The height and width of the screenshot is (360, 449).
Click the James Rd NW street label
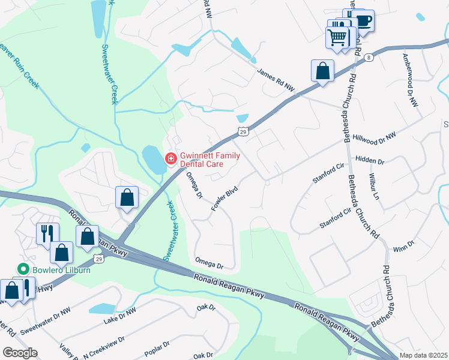click(x=277, y=79)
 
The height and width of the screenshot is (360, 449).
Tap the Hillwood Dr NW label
click(x=375, y=137)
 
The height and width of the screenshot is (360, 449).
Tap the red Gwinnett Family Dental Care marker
click(x=170, y=158)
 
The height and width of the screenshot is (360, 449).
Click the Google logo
click(x=19, y=353)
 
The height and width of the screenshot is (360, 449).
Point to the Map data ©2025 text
click(x=424, y=355)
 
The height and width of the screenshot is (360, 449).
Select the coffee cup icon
click(x=363, y=21)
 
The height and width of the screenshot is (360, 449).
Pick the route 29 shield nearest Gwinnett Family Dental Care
click(x=243, y=131)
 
